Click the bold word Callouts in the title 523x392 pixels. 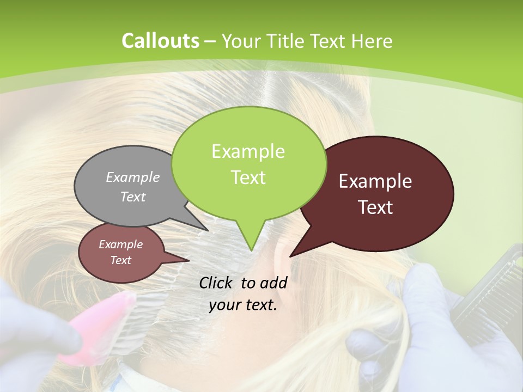160,41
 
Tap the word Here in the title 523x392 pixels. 373,41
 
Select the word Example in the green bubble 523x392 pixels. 248,151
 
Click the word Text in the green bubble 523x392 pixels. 248,177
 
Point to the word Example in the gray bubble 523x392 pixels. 133,177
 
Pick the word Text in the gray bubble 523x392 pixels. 133,197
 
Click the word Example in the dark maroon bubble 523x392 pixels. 375,181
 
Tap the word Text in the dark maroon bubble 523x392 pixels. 375,207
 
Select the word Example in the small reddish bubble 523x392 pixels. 121,244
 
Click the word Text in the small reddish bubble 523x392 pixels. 121,260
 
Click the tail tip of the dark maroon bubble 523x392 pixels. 291,256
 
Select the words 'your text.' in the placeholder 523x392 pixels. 243,305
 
